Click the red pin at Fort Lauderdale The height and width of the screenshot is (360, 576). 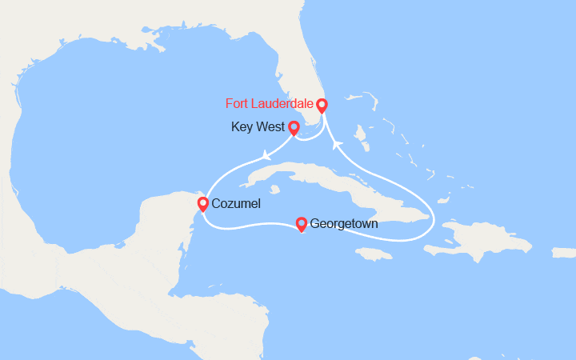click(x=322, y=106)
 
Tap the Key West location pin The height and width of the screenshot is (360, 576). click(x=294, y=127)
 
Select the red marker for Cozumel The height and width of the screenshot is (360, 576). click(x=203, y=204)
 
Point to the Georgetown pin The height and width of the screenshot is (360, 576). click(x=301, y=223)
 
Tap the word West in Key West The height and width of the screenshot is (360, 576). click(x=270, y=126)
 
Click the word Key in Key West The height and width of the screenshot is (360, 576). click(x=242, y=126)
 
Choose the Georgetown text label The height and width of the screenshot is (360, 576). click(x=345, y=224)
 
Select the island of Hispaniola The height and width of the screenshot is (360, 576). click(x=480, y=236)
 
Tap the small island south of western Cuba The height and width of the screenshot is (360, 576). click(x=274, y=190)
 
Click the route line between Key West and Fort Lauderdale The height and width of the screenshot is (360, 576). click(x=312, y=138)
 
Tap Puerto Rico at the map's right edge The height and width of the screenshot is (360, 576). click(x=564, y=252)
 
